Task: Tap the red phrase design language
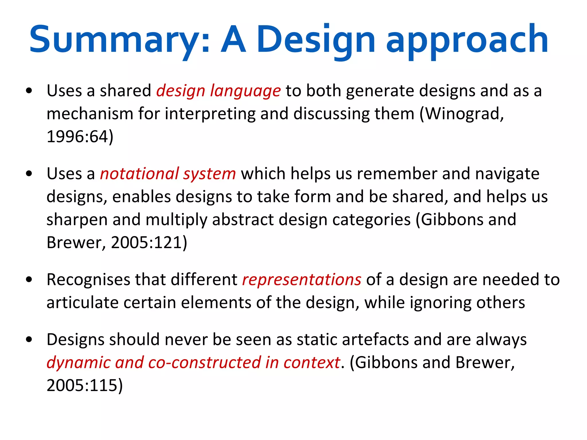218,91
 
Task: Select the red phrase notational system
168,174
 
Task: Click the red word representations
302,280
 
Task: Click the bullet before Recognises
29,280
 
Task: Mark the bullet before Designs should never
29,340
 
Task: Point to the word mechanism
90,114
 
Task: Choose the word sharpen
77,220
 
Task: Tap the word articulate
82,302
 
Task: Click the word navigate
507,174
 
